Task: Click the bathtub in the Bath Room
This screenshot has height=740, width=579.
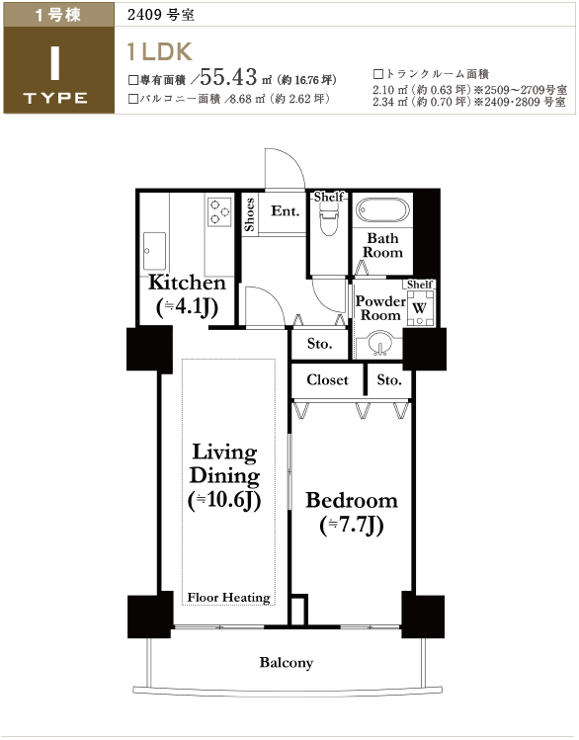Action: coord(382,210)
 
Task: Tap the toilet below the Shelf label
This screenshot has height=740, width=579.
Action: coord(329,219)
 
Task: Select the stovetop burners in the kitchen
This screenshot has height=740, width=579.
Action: coord(219,211)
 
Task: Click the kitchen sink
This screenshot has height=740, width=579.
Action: coord(154,250)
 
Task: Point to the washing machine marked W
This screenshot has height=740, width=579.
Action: coord(419,307)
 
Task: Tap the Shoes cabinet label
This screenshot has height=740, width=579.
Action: coord(250,214)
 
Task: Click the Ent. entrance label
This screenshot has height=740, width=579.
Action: coord(285,211)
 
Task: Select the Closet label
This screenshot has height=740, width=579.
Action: coord(327,380)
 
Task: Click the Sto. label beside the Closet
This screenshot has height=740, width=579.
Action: coord(389,380)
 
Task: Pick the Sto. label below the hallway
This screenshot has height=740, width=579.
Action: coord(319,344)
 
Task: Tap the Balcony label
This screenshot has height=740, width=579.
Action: coord(287,663)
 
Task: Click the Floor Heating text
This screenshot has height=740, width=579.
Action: coord(229,598)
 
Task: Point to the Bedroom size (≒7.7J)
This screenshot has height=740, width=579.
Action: coord(351,526)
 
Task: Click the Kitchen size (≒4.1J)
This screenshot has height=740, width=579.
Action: coord(187,307)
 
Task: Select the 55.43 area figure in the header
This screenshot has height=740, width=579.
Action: coord(228,76)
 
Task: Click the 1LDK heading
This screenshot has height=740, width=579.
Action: coord(159,51)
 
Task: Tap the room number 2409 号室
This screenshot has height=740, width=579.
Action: coord(161,15)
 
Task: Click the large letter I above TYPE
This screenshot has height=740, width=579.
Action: coord(55,63)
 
